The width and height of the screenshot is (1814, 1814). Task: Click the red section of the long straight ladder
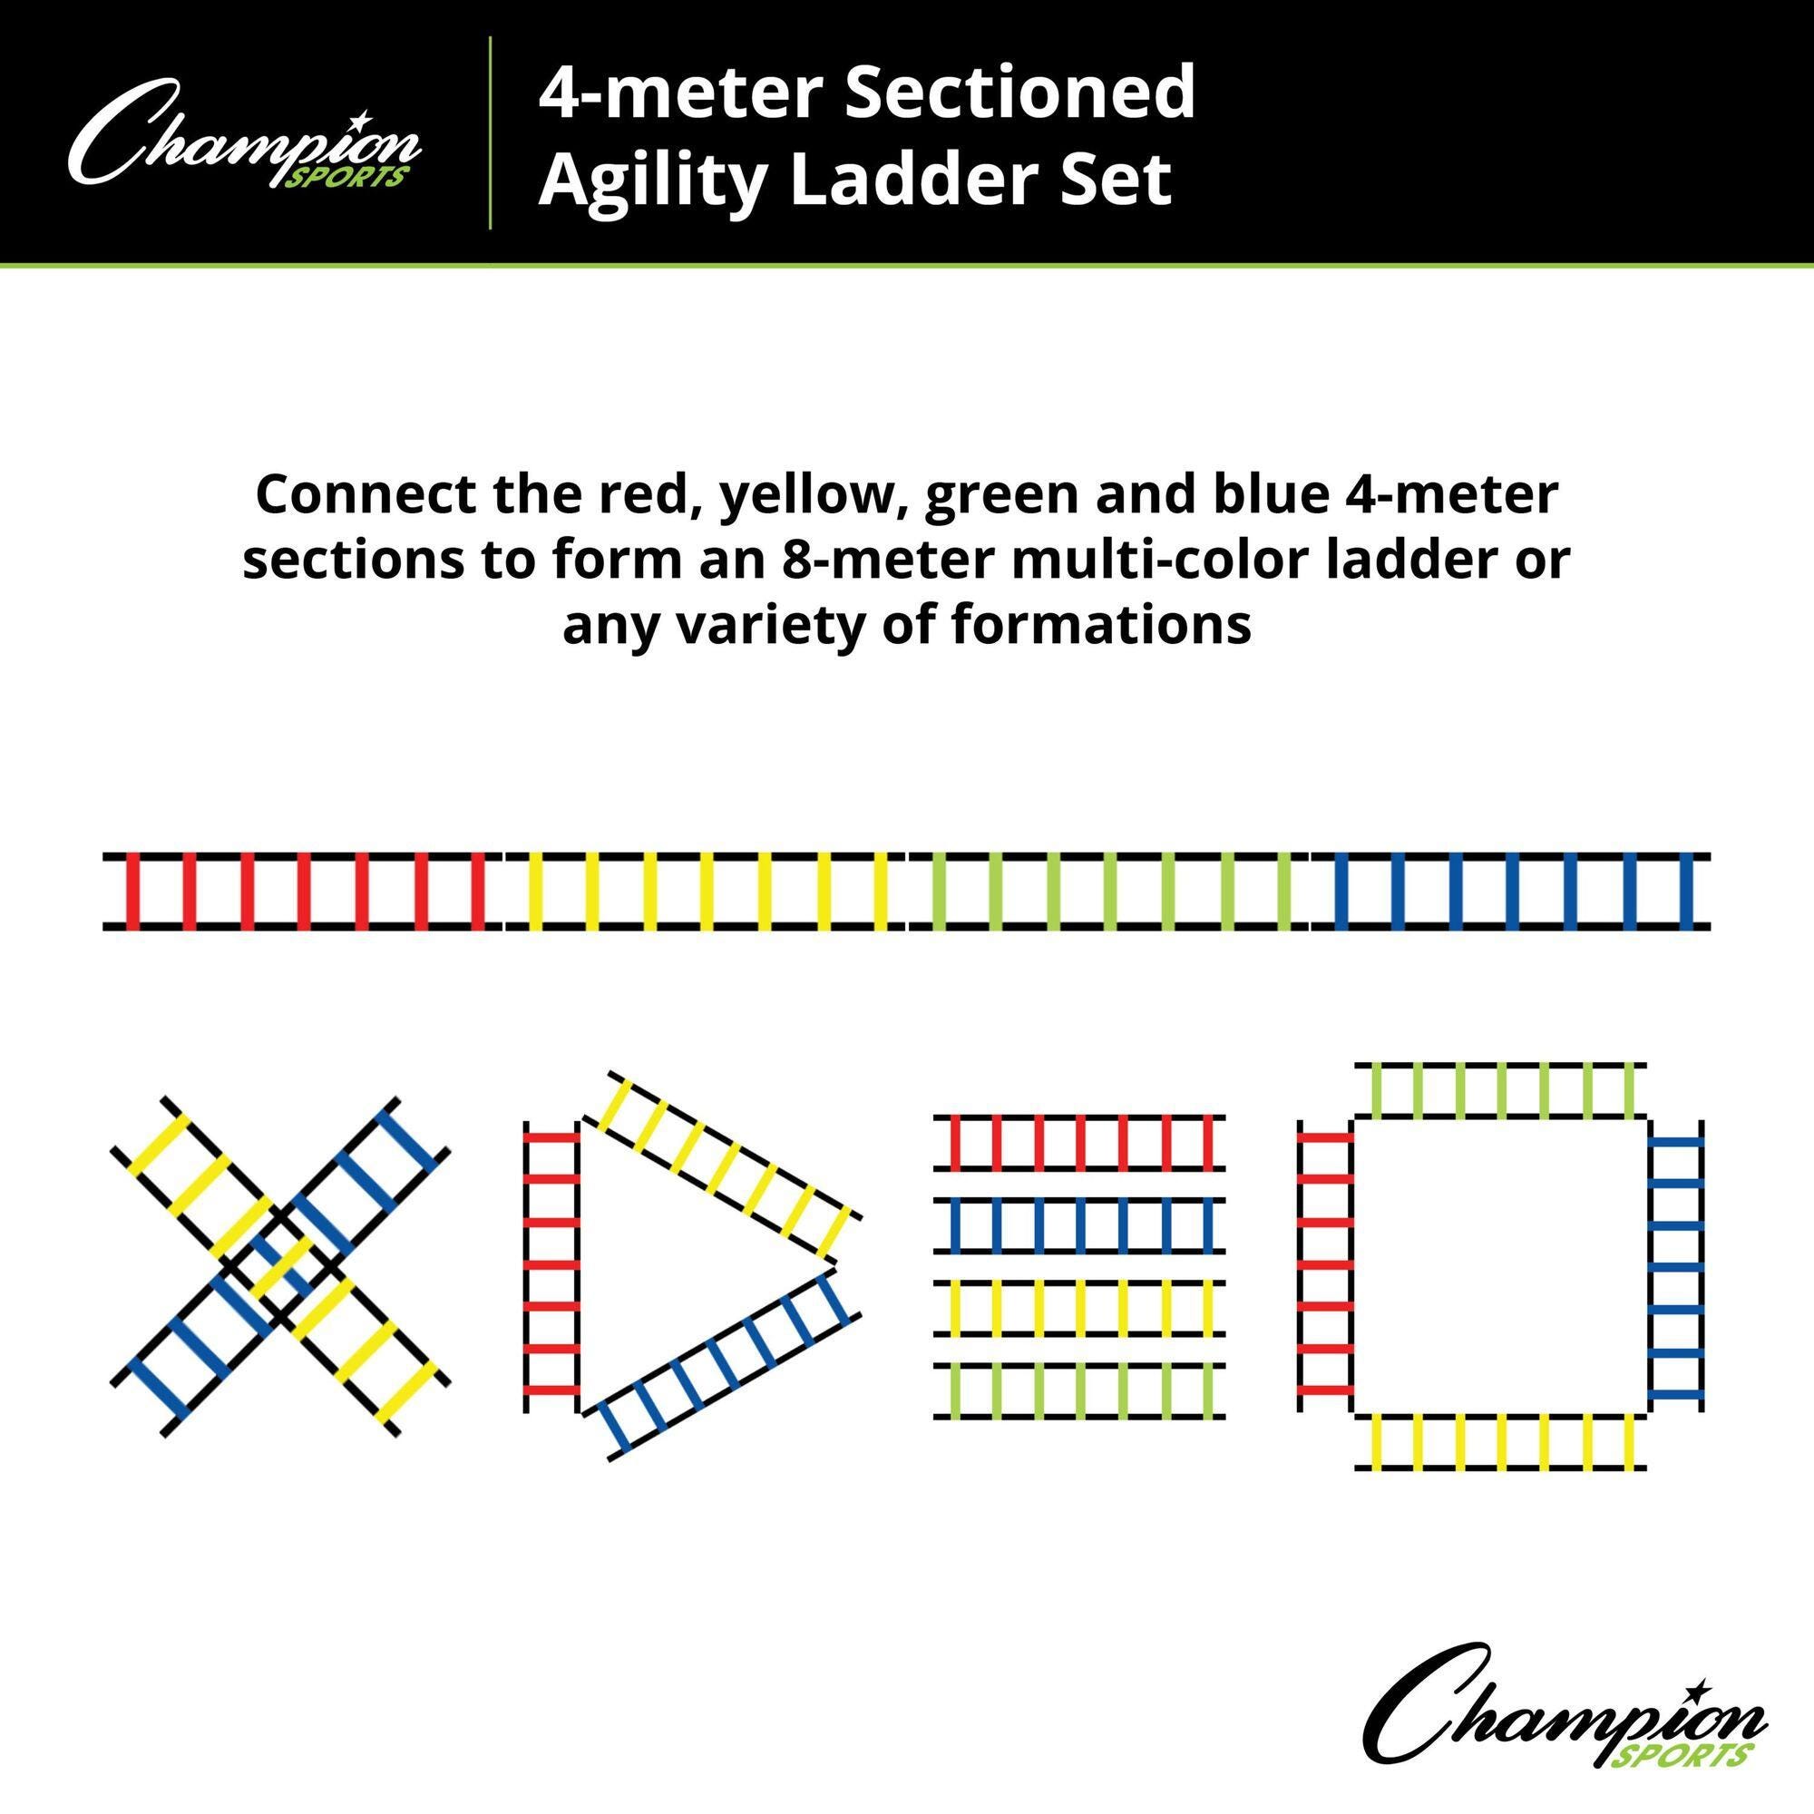pyautogui.click(x=302, y=891)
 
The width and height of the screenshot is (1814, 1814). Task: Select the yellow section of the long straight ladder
pyautogui.click(x=705, y=891)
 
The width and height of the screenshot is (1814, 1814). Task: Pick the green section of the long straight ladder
pyautogui.click(x=1108, y=891)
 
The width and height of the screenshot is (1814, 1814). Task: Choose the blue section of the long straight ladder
pyautogui.click(x=1511, y=891)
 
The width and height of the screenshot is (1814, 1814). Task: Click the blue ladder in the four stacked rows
pyautogui.click(x=1078, y=1225)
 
